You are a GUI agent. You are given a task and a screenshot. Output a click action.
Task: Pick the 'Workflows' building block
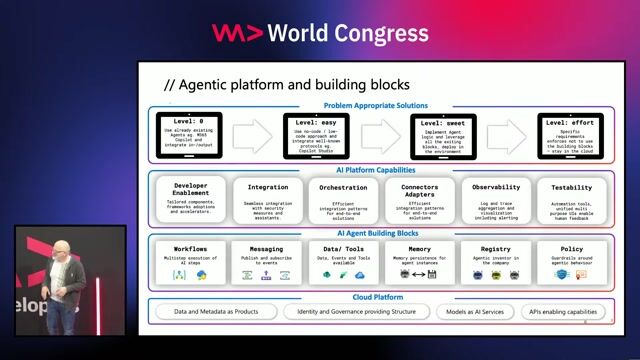coord(190,262)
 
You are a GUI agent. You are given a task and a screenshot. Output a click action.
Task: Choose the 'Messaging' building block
coord(266,262)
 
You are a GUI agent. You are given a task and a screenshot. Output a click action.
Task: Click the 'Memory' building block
coord(419,262)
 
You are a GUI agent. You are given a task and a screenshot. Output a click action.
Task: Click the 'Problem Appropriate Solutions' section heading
coord(376,105)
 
